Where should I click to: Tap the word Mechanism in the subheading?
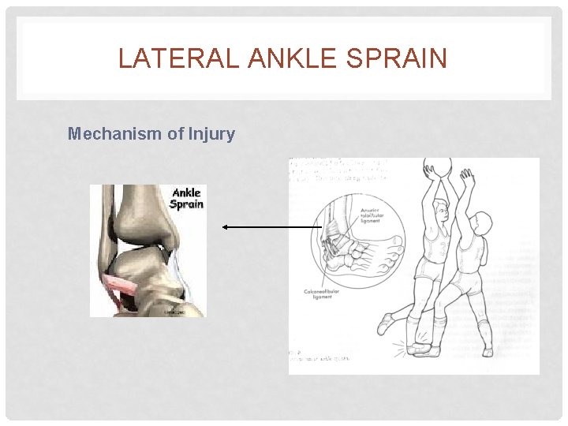pyautogui.click(x=114, y=133)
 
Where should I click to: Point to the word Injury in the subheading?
pyautogui.click(x=211, y=133)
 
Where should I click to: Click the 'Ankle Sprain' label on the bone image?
pyautogui.click(x=188, y=197)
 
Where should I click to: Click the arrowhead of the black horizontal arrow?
pyautogui.click(x=226, y=226)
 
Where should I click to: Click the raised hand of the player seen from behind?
pyautogui.click(x=467, y=175)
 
